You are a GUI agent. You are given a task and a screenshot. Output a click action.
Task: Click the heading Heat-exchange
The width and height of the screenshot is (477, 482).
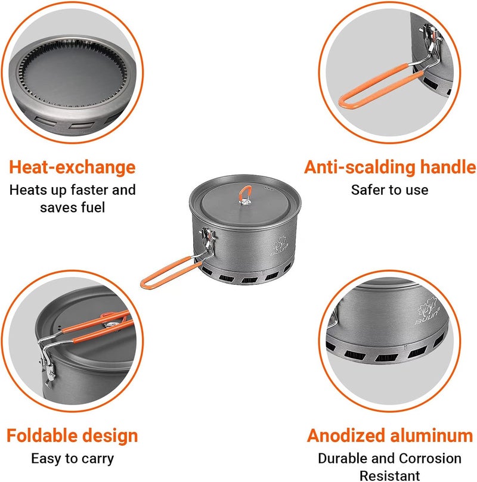pos(72,167)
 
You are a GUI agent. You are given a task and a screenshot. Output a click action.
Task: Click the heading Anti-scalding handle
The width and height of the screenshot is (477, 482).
pos(390,167)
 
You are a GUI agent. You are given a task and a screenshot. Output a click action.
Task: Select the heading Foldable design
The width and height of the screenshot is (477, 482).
pos(73,435)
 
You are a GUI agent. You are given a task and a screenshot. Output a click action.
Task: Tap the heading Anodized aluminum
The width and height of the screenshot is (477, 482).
pos(390,435)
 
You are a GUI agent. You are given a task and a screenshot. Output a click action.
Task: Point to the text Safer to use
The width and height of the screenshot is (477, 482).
pos(389,190)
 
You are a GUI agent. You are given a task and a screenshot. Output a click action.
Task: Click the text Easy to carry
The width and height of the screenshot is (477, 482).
pos(72,459)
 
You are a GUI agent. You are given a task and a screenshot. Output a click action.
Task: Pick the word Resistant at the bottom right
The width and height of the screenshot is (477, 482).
pos(389,475)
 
